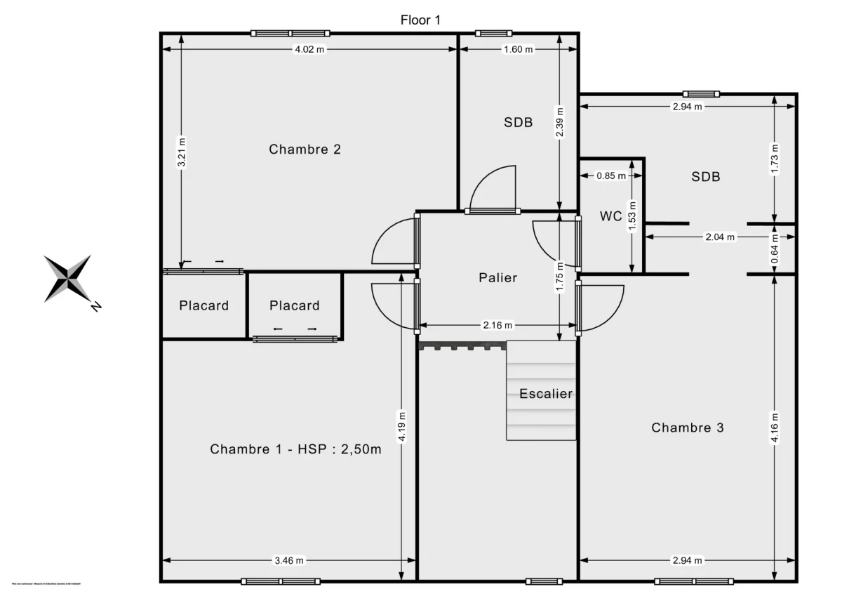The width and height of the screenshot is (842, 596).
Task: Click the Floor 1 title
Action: point(420,20)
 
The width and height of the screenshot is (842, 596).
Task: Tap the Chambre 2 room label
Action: point(305,149)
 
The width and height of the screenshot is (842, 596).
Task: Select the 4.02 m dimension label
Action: point(309,49)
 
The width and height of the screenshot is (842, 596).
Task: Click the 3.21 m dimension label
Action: point(182,152)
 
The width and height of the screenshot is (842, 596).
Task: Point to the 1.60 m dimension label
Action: point(518,49)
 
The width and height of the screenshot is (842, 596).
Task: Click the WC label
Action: point(610,216)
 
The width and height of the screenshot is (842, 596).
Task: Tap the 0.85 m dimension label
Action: point(610,176)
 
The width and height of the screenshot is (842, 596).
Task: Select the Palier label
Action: point(497,277)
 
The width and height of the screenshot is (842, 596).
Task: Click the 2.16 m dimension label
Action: point(497,325)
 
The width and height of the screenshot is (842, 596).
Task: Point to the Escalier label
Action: point(546,394)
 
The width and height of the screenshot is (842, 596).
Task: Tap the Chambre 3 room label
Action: point(687,428)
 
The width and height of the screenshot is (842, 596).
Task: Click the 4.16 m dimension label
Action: point(775,428)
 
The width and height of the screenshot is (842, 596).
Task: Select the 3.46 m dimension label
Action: point(288,560)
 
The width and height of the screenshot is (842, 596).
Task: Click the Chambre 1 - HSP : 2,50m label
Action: point(295,449)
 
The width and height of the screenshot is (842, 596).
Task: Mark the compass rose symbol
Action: point(69,278)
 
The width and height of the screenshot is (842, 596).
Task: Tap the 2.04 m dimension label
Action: point(720,237)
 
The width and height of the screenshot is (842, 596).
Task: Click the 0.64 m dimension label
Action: point(775,249)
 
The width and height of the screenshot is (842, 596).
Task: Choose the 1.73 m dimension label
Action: point(775,158)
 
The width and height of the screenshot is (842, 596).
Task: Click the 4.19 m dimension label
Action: point(401,425)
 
